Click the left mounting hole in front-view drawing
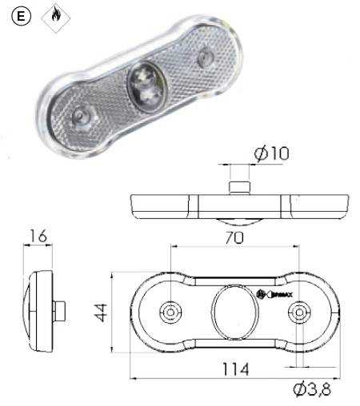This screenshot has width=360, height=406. point(170,311)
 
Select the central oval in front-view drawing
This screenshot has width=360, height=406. point(234,311)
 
